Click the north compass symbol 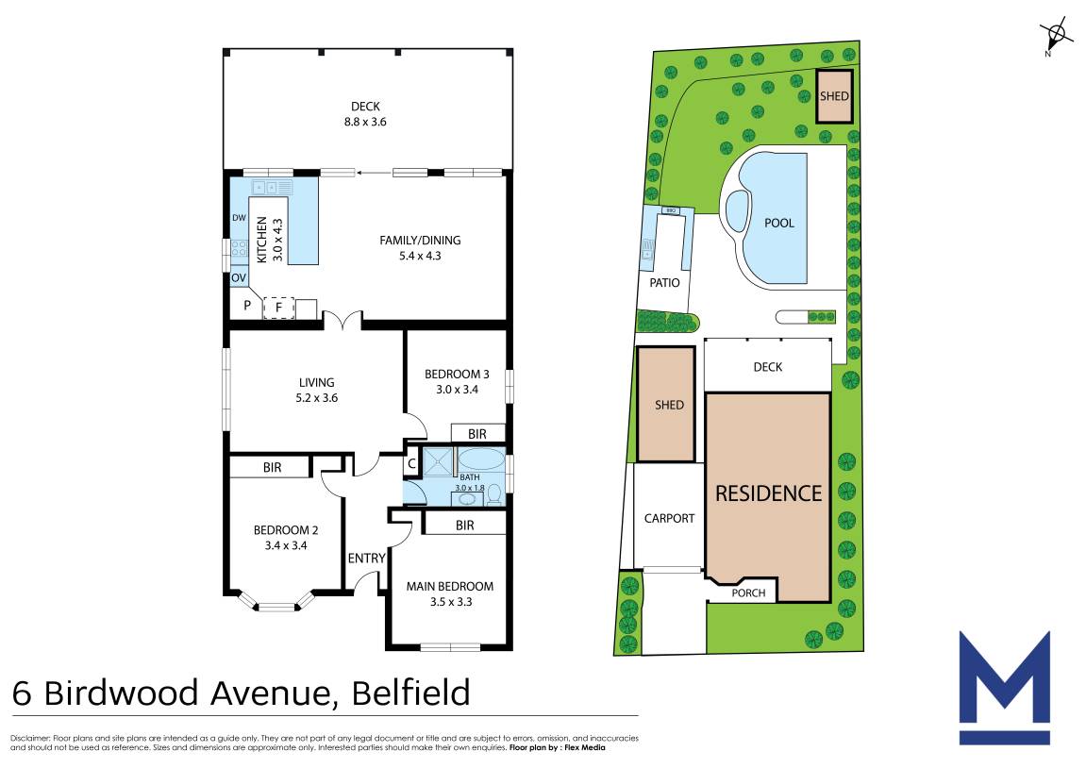1054,36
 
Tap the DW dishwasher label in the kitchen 239,217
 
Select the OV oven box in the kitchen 239,277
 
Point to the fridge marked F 279,308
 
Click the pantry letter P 247,306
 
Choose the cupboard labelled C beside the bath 411,464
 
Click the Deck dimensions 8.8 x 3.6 365,122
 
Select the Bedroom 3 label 457,374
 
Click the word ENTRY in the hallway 366,559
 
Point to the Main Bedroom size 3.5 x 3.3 451,602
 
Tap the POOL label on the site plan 779,223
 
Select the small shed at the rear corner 834,96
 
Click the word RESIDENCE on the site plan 769,493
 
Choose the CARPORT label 669,518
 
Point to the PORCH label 749,593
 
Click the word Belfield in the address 411,693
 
